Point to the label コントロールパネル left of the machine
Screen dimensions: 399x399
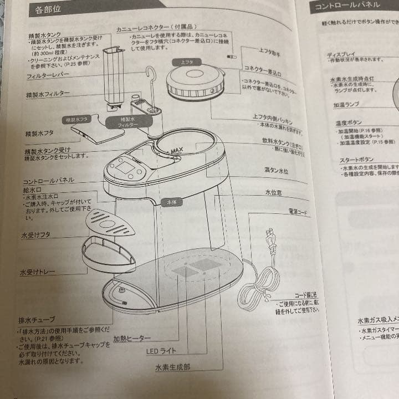point(49,181)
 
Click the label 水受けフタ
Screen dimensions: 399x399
point(35,235)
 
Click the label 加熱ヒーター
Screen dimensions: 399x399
point(132,338)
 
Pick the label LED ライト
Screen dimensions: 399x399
point(161,351)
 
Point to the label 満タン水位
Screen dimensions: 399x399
point(275,171)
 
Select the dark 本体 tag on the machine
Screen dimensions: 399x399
point(171,203)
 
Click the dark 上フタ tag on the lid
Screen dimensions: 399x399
point(187,63)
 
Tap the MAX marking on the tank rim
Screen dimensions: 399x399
point(177,150)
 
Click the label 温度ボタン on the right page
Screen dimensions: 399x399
point(349,122)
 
